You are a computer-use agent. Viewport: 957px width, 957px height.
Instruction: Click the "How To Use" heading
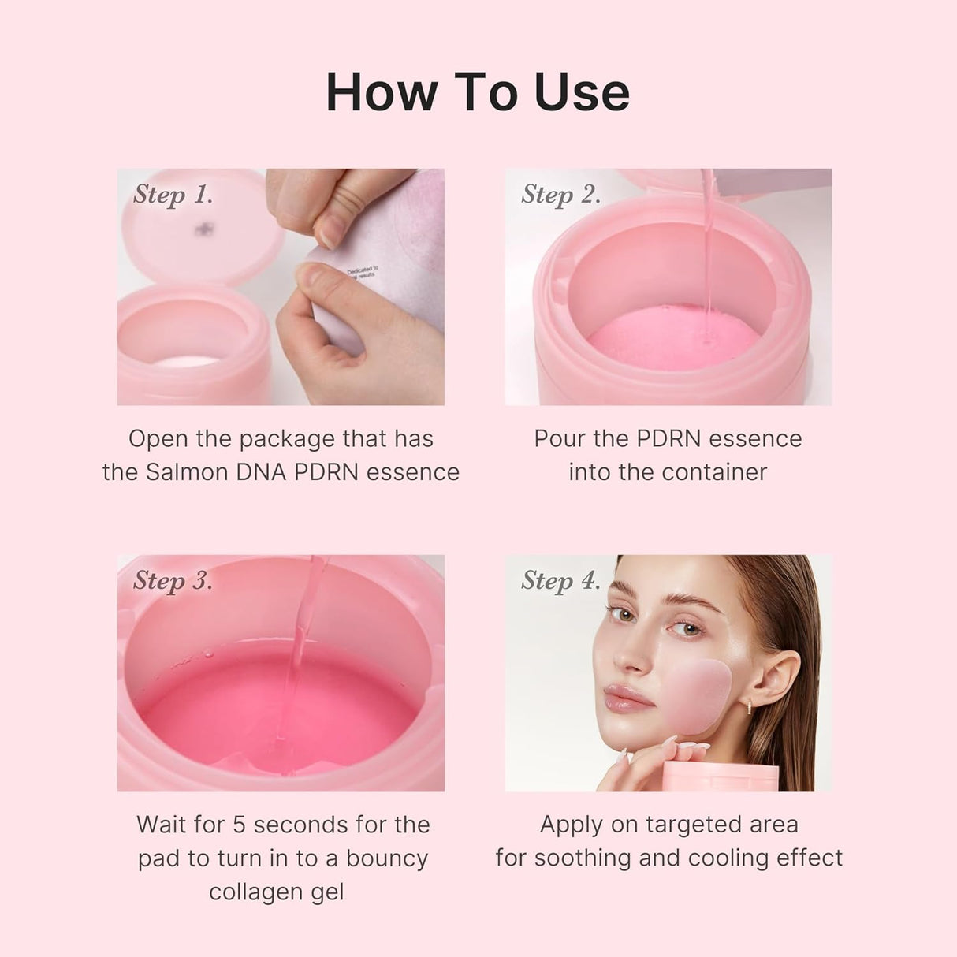478,92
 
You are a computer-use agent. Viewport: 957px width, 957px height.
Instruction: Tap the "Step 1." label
173,194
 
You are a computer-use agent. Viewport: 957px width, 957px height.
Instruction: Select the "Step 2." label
560,194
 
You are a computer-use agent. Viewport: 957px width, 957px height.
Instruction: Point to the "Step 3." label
173,580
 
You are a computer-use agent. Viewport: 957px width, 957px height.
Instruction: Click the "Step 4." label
560,580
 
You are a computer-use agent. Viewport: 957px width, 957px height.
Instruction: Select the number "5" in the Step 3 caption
240,825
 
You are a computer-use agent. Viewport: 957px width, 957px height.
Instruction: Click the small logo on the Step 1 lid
206,229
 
